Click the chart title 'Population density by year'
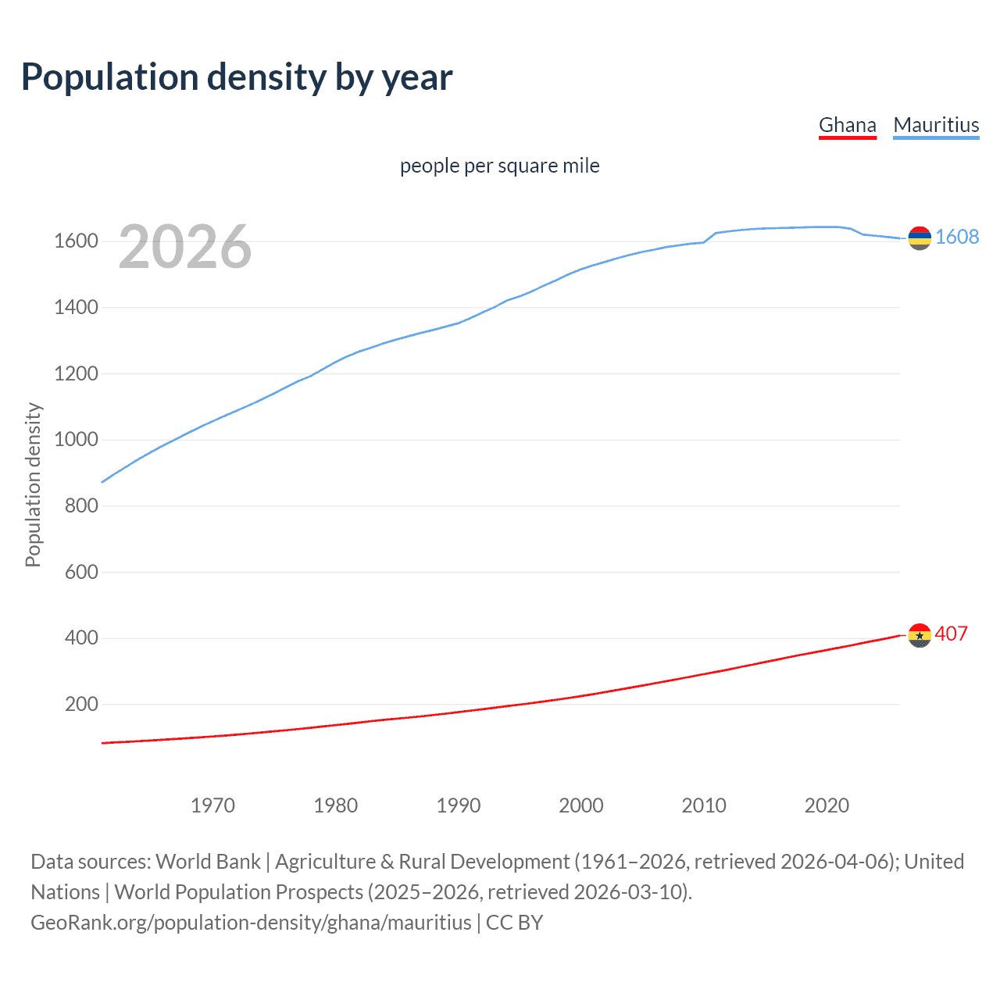click(x=237, y=77)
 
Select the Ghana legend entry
click(x=847, y=125)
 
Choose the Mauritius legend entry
click(x=936, y=125)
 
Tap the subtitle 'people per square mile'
click(x=499, y=166)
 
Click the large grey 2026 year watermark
click(x=185, y=247)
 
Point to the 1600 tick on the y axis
click(x=76, y=241)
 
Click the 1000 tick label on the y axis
click(x=76, y=439)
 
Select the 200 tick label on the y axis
click(x=81, y=704)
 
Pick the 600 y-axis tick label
click(x=81, y=572)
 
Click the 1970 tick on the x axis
click(x=212, y=805)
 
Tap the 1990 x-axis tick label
click(x=459, y=805)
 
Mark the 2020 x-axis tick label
click(x=827, y=805)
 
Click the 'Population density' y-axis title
click(x=33, y=484)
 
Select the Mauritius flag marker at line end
click(x=920, y=238)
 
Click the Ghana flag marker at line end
click(x=920, y=635)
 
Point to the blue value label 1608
click(x=956, y=237)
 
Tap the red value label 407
click(x=951, y=634)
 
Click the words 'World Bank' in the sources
click(x=208, y=862)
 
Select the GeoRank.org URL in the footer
click(x=251, y=923)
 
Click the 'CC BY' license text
click(x=514, y=923)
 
